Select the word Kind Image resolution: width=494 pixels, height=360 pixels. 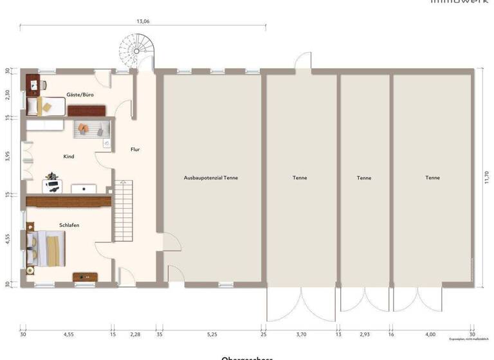68,156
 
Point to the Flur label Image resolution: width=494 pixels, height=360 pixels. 135,149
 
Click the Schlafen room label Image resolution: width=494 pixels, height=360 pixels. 69,225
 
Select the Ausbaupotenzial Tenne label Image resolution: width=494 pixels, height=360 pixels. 211,177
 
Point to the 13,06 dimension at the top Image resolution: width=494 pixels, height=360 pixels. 143,21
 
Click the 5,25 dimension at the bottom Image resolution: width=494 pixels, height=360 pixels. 212,334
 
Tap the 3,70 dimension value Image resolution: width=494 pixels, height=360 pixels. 301,334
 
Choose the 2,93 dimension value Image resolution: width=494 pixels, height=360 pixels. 365,334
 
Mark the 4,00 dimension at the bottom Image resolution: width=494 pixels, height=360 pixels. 431,334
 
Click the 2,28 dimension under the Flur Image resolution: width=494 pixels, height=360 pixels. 135,334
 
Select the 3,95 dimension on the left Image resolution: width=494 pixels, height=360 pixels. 7,156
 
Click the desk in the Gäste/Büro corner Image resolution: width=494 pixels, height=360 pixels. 35,83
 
